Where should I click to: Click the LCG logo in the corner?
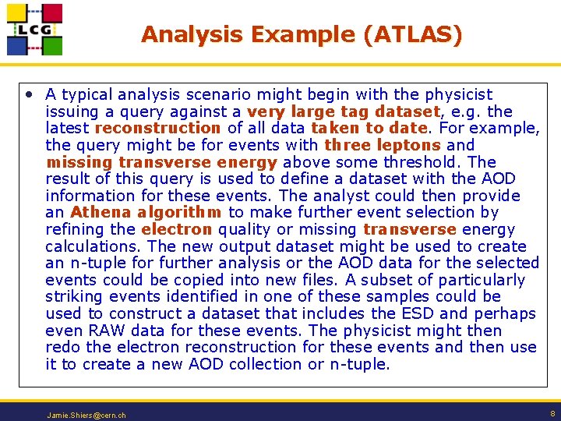(x=34, y=29)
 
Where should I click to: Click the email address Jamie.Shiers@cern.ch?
(x=86, y=415)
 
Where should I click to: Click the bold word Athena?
(x=100, y=212)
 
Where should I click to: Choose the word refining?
(x=73, y=229)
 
